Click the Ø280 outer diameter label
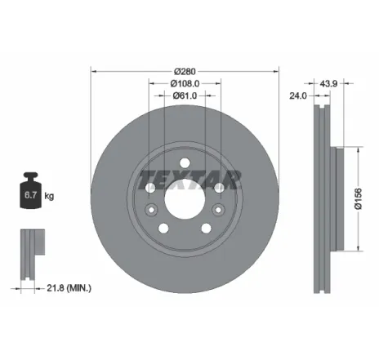pyautogui.click(x=185, y=70)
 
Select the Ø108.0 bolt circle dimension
pyautogui.click(x=185, y=83)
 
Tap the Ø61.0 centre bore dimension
pyautogui.click(x=185, y=96)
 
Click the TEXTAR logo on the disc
pyautogui.click(x=189, y=178)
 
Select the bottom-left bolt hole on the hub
pyautogui.click(x=164, y=228)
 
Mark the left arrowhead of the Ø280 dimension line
pyautogui.click(x=92, y=70)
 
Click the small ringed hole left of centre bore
pyautogui.click(x=151, y=189)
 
